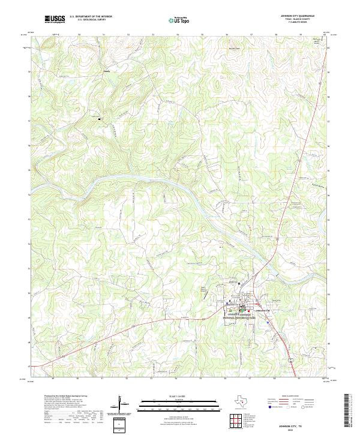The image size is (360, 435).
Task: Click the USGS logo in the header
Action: coord(55,19)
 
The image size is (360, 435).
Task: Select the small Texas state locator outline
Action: coord(247,400)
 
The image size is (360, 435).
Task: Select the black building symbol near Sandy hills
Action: coord(100,119)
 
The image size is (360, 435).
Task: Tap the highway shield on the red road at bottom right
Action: coord(291,358)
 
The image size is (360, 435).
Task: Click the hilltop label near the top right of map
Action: coord(317,41)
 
